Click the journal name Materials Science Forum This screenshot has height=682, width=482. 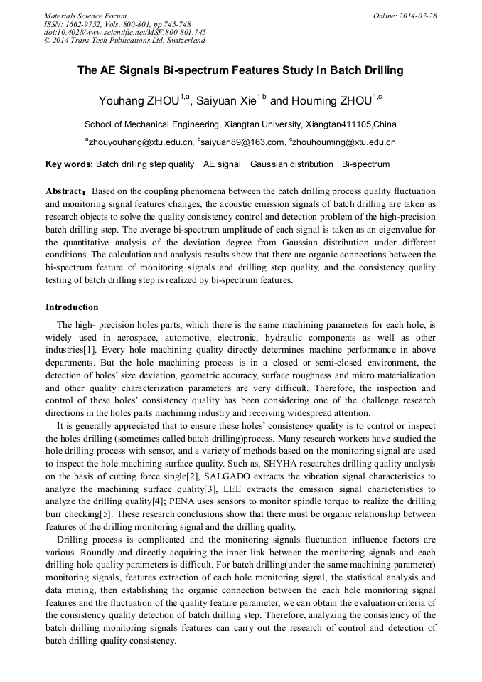85,16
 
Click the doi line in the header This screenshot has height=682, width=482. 125,32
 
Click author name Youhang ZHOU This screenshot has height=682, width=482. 139,101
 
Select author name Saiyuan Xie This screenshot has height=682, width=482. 227,101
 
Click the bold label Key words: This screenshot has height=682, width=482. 69,164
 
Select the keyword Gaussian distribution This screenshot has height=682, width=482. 291,164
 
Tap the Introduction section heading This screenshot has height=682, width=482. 72,307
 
